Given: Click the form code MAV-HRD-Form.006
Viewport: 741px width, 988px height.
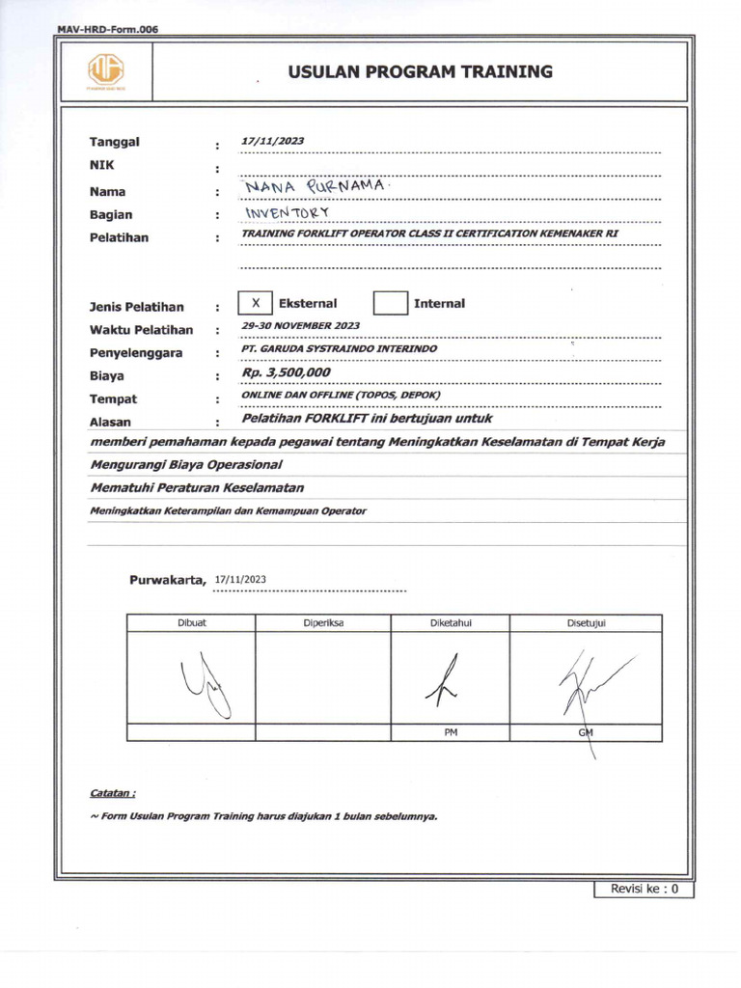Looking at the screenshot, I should click(x=107, y=29).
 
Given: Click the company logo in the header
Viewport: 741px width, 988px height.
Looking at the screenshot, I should click(x=106, y=71).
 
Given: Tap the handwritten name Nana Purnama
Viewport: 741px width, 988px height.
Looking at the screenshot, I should click(x=301, y=184).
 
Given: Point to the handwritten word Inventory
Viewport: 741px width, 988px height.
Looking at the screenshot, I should click(x=287, y=211).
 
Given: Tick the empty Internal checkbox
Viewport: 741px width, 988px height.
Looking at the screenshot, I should click(x=391, y=303).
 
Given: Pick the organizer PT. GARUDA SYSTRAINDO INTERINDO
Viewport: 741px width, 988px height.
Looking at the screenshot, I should click(x=339, y=348).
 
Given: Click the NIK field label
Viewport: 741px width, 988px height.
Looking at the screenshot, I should click(x=102, y=166).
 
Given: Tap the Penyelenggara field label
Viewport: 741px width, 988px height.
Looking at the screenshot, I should click(x=136, y=353).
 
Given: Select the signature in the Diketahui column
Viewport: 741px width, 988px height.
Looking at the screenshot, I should click(x=447, y=681).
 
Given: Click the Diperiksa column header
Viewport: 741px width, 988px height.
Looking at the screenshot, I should click(x=323, y=623).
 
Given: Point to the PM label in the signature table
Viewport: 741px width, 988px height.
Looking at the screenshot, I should click(x=450, y=733).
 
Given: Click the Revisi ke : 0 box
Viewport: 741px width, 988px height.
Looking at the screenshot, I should click(x=644, y=889).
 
